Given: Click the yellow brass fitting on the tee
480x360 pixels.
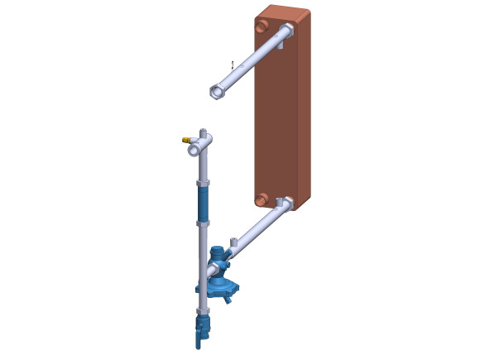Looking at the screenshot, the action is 186,140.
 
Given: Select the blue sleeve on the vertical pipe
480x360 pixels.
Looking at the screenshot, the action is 203,204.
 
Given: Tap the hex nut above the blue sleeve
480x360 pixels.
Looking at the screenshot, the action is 203,183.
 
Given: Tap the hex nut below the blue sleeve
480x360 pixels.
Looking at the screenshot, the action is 203,223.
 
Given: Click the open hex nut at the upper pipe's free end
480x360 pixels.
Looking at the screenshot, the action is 217,91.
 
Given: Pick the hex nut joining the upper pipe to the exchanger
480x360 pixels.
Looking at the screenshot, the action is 287,30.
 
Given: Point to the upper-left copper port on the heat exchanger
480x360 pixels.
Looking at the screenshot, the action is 262,26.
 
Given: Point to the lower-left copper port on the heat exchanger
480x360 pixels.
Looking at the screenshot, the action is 262,200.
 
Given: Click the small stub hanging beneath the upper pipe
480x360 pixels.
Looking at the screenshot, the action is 281,46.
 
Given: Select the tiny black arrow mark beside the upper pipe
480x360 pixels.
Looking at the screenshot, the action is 233,65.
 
